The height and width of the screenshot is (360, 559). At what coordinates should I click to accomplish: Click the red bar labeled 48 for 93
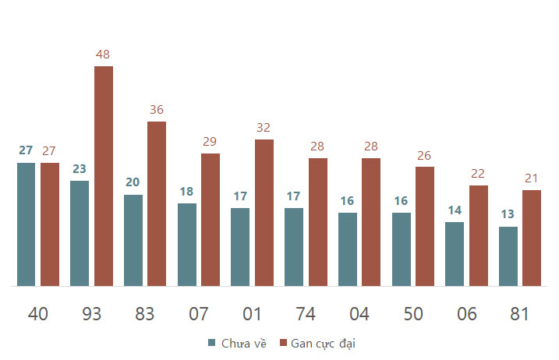[x=104, y=176]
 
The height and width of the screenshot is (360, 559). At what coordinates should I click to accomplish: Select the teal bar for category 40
[x=26, y=224]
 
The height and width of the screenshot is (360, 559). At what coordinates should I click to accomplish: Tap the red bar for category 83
[x=157, y=203]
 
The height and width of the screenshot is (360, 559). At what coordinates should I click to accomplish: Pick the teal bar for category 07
[x=187, y=245]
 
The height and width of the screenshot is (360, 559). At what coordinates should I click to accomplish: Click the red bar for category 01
[x=264, y=213]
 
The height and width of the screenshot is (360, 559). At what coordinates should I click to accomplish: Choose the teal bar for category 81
[x=508, y=256]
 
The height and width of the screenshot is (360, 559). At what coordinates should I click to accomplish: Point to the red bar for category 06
[x=479, y=235]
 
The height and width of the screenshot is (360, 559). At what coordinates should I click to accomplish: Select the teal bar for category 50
[x=402, y=249]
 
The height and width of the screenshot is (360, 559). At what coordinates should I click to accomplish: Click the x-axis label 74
[x=306, y=314]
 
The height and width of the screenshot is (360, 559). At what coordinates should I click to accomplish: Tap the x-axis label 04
[x=359, y=314]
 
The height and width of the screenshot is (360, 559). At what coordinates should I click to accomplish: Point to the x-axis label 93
[x=92, y=314]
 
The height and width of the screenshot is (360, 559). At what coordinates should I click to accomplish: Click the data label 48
[x=103, y=55]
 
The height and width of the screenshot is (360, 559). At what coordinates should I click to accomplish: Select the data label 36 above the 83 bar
[x=157, y=109]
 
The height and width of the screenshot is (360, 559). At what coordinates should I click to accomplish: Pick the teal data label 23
[x=80, y=168]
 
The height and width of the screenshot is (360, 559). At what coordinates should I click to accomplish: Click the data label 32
[x=264, y=128]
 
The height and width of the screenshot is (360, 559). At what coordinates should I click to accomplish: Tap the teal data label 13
[x=508, y=214]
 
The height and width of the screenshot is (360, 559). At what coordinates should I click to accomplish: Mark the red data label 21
[x=531, y=178]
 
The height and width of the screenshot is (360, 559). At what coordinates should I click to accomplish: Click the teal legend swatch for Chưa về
[x=212, y=343]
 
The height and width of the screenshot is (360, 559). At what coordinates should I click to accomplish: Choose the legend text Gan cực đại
[x=323, y=344]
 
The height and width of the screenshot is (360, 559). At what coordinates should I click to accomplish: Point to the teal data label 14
[x=455, y=210]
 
